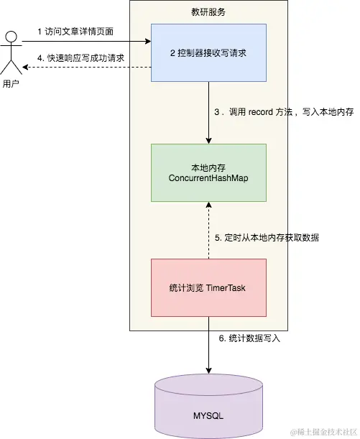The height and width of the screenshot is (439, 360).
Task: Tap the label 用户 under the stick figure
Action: pos(11,84)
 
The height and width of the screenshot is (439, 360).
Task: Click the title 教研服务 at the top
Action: pos(208,12)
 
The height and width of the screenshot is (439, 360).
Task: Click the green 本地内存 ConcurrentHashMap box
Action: pos(208,172)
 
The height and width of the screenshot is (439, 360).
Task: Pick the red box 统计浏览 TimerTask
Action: pos(208,287)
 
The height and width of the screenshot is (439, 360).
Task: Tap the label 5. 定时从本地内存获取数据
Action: pos(267,238)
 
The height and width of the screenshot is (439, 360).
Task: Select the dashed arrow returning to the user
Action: pos(86,68)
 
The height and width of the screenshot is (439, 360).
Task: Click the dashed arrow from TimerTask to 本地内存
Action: pos(208,230)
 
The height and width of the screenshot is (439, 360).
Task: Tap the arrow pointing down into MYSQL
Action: pos(208,345)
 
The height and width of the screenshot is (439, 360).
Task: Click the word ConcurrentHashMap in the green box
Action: pos(208,177)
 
